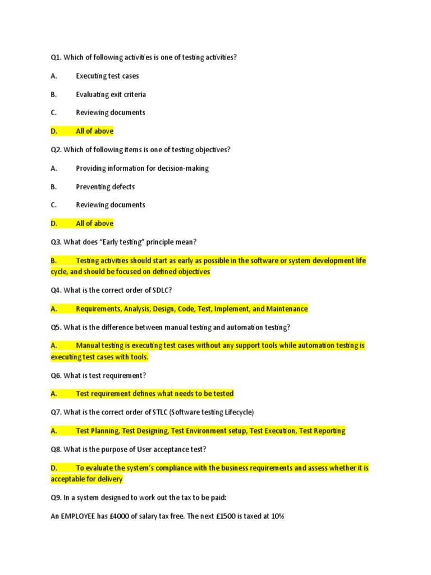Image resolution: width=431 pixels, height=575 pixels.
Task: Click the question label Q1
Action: coord(56,57)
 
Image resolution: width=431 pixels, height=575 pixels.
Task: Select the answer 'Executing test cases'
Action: coord(107,76)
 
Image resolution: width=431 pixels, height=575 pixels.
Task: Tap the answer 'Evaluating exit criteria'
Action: coord(111,94)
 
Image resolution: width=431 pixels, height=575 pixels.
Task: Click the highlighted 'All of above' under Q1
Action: coord(94,131)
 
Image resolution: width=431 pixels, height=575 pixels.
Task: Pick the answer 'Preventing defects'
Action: coord(105,186)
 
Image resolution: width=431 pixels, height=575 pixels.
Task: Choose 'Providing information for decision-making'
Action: coord(142,168)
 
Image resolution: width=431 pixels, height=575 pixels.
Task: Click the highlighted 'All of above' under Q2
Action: coord(94,223)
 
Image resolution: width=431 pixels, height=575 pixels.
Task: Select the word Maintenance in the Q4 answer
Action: coord(287,309)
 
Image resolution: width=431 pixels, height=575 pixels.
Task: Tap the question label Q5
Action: coord(56,327)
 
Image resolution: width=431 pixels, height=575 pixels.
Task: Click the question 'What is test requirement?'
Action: coord(104,375)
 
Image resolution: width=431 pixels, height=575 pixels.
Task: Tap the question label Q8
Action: coord(56,449)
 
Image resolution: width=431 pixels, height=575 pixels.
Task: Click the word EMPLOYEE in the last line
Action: coord(80,516)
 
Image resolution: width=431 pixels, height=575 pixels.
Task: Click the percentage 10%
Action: coord(276,516)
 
